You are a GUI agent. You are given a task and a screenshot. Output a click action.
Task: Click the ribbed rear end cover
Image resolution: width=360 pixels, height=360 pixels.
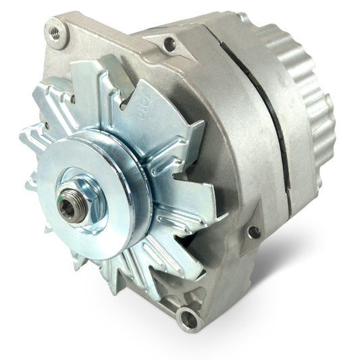pyautogui.click(x=317, y=95)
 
